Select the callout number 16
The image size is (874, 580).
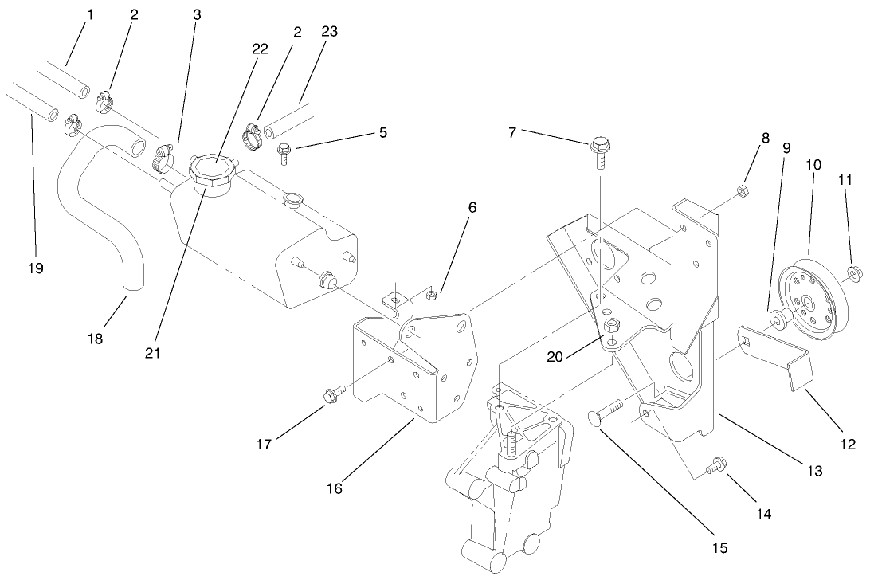(334, 488)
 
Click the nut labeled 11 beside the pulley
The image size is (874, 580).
(853, 274)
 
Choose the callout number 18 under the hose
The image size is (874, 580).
(95, 339)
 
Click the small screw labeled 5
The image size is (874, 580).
(284, 151)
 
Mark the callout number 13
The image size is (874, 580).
(813, 472)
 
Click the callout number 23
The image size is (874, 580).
(330, 33)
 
